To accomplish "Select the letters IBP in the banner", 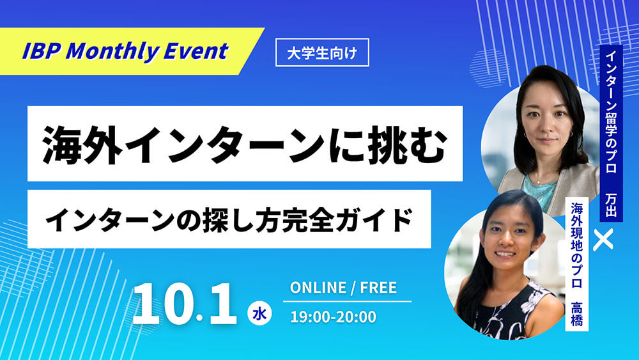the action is click(40, 51).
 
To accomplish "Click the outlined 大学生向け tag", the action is click(322, 52).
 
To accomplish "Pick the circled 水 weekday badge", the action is click(259, 313).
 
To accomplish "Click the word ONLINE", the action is click(318, 288).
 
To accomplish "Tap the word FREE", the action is click(378, 288).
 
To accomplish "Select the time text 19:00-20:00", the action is click(334, 317).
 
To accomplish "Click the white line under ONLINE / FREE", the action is click(347, 301).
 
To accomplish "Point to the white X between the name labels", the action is click(603, 239).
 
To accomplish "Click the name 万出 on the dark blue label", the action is click(611, 205).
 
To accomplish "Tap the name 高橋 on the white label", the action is click(576, 313).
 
